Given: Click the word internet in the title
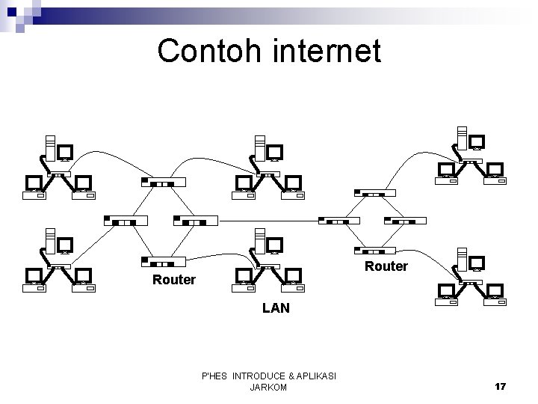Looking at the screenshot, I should [x=325, y=51].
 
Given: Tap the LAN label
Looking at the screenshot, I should [x=276, y=307].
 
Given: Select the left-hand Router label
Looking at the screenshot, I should [x=173, y=280].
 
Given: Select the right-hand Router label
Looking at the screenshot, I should [x=386, y=266].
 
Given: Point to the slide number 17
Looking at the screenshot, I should [x=500, y=386].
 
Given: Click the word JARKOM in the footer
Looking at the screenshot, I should [x=269, y=388].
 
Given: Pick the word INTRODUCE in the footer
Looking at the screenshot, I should [x=260, y=376].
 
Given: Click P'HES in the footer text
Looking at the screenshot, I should [x=216, y=376].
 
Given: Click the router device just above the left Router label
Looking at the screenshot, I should [x=164, y=261].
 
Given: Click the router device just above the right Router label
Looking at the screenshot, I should [x=374, y=250].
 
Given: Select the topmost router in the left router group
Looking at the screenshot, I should [x=163, y=182].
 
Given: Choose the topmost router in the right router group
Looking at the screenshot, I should [x=374, y=192].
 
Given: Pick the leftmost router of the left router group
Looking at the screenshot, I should [x=125, y=221].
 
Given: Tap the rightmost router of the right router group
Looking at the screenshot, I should [x=405, y=221].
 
